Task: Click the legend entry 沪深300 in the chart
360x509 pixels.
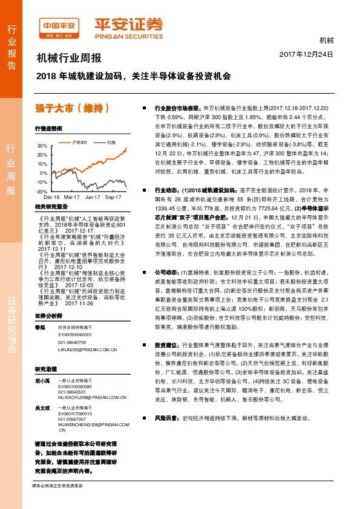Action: [x=80, y=142]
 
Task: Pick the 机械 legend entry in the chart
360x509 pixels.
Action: [x=110, y=142]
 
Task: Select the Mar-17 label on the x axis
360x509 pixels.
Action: [x=72, y=198]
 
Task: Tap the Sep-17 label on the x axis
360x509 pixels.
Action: [x=114, y=198]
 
